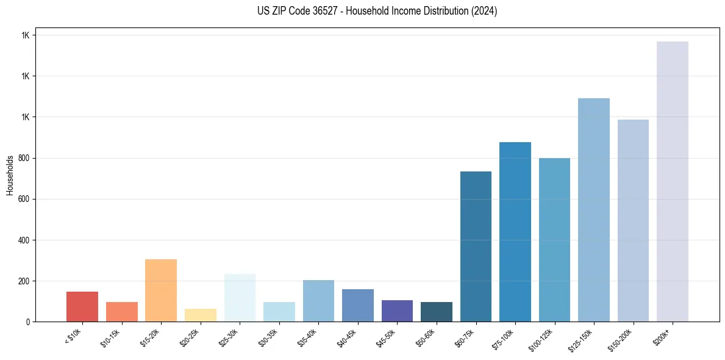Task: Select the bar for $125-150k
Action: tap(594, 210)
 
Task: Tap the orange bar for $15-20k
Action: tap(161, 290)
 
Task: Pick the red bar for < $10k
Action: tap(82, 306)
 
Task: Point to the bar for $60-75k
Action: tap(476, 247)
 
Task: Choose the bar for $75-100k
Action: tap(515, 232)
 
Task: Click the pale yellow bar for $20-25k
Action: tap(201, 315)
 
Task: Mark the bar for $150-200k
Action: tap(633, 220)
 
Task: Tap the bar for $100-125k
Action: tap(554, 240)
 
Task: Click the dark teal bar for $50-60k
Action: tap(437, 312)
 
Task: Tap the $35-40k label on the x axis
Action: tap(308, 338)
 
